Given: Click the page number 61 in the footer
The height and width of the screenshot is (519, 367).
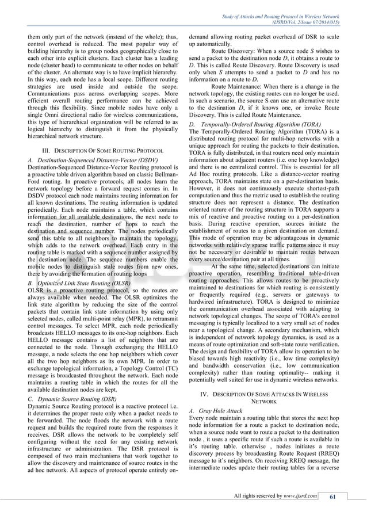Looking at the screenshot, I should pos(332,497).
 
